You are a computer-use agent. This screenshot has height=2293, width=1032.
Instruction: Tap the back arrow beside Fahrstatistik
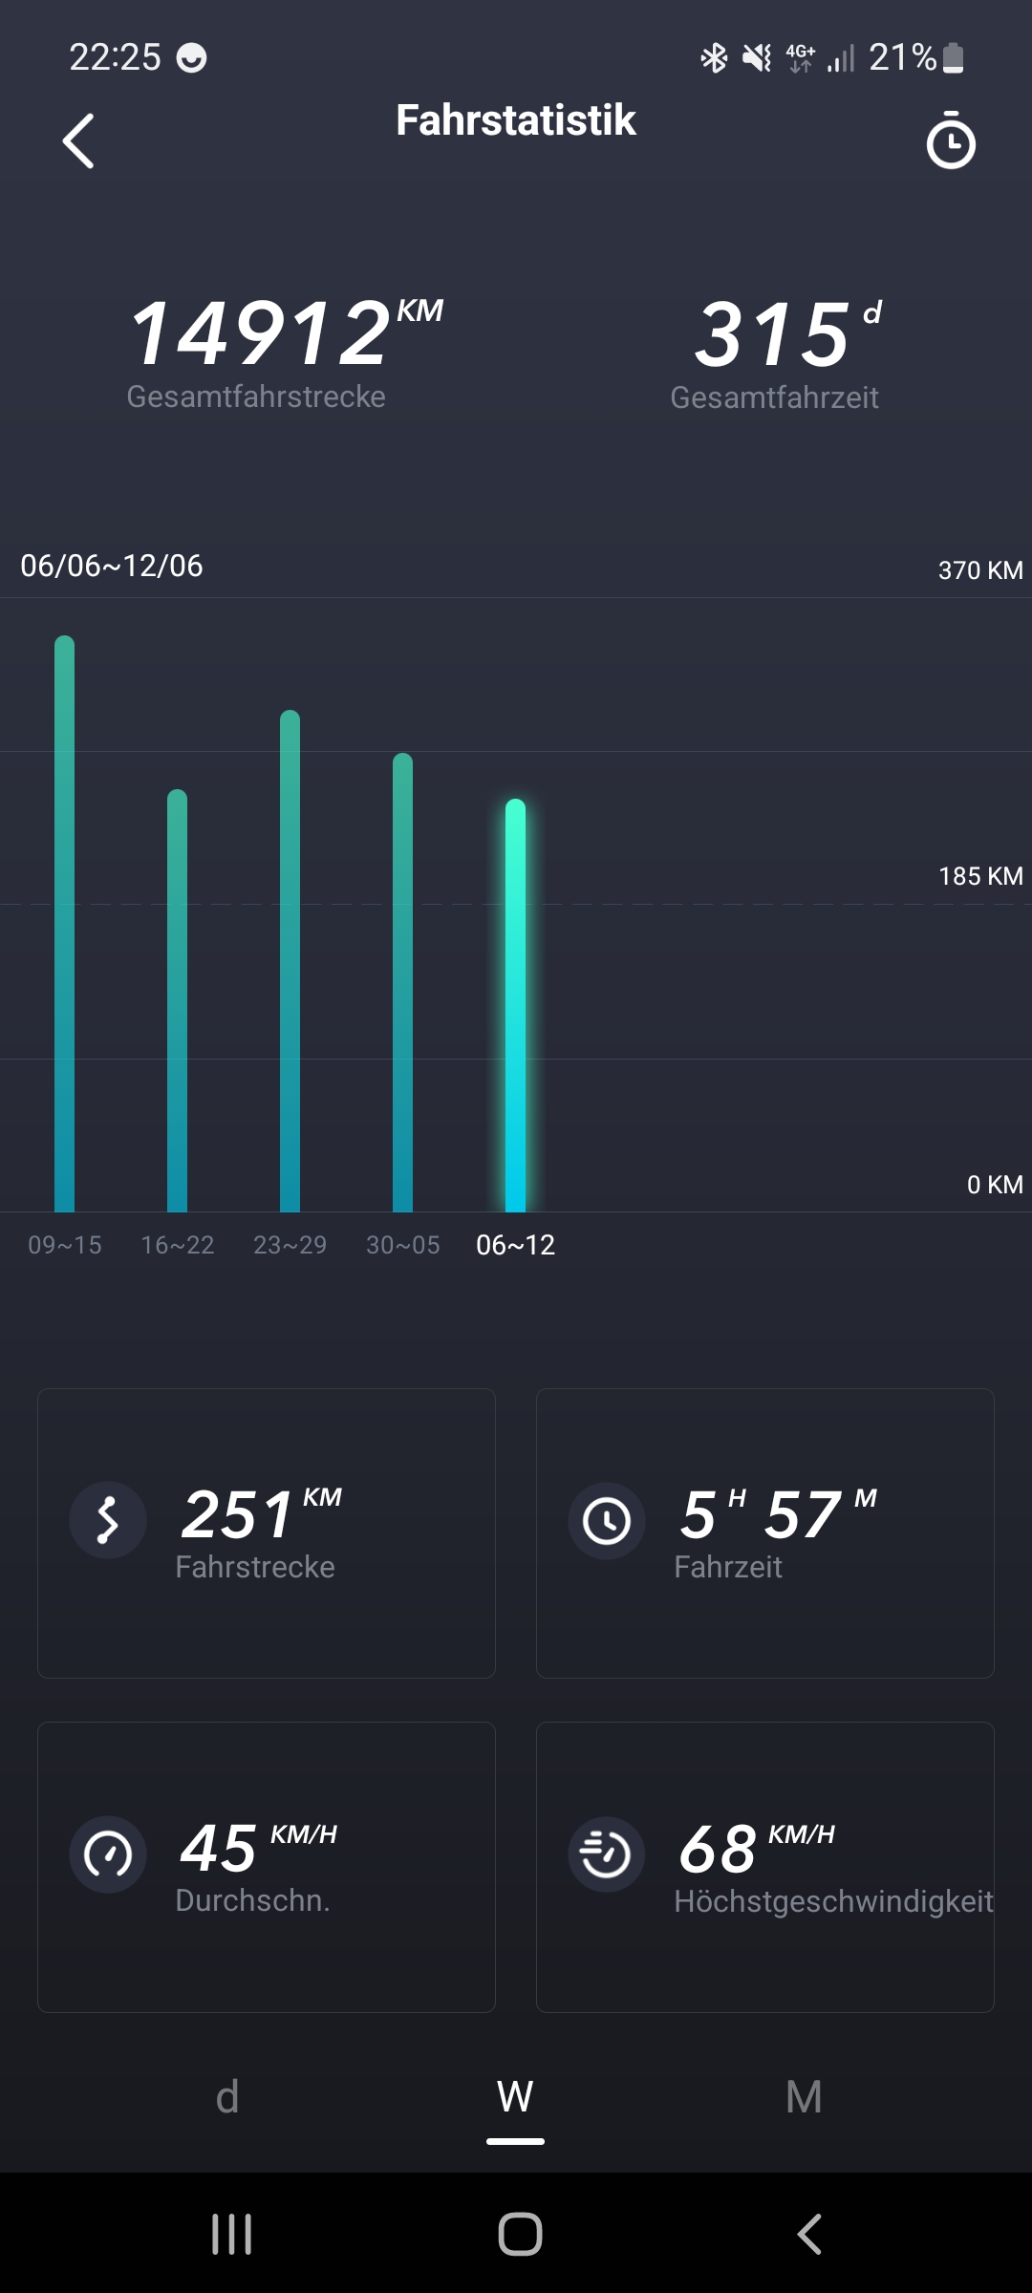tap(78, 141)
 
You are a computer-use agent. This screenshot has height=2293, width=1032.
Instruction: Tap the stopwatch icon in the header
tap(951, 141)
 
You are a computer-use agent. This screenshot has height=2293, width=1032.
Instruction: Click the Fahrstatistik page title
tap(516, 120)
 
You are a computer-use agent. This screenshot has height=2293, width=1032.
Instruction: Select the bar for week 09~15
tap(65, 923)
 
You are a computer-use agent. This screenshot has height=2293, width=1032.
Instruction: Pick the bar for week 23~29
tap(290, 960)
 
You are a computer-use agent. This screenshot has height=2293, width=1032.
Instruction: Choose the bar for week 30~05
tap(403, 982)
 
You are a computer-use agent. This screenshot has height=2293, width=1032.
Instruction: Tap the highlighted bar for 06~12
tap(516, 1005)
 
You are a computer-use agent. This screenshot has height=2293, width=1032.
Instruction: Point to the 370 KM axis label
tap(980, 570)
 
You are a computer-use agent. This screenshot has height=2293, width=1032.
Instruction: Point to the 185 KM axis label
tap(980, 876)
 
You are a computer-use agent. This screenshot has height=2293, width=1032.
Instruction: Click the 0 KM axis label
tap(995, 1185)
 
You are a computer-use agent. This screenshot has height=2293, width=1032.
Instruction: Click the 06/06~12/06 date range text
tap(112, 566)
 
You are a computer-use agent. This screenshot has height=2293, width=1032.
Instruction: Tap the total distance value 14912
tap(260, 333)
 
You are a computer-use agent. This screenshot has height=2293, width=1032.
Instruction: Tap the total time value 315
tap(772, 333)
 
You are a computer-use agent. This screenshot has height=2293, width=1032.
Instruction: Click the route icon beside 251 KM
tap(108, 1520)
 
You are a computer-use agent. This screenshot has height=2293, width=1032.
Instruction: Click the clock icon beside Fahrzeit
tap(607, 1520)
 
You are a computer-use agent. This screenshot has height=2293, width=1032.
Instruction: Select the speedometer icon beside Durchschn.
tap(108, 1854)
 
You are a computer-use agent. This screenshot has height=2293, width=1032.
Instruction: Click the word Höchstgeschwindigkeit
tap(833, 1901)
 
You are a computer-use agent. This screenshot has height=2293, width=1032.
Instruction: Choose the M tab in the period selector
tap(804, 2097)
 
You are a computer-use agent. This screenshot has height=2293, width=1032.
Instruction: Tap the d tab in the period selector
tap(227, 2097)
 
